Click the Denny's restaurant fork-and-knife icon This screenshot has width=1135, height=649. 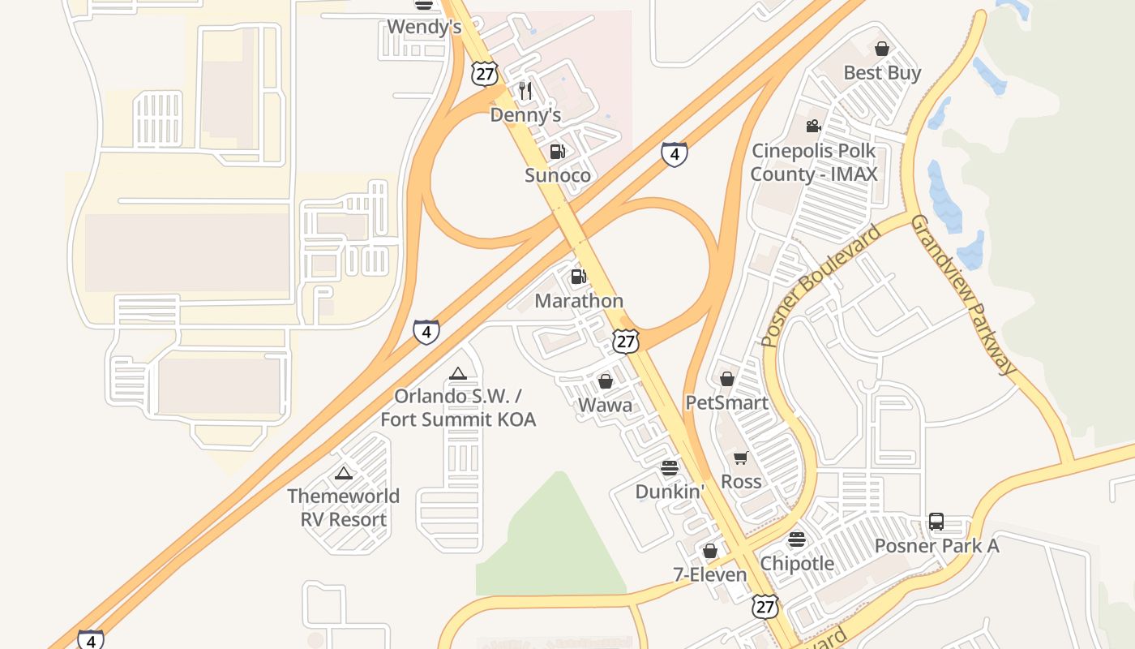[x=525, y=90]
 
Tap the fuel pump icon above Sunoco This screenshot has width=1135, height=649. [x=557, y=151]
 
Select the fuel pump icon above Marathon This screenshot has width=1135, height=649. [x=578, y=277]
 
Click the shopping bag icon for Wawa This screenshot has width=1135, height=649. [x=606, y=380]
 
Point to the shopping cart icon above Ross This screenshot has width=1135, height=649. [x=740, y=458]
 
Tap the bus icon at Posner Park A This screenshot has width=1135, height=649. [x=936, y=521]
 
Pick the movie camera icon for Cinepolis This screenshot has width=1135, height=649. [x=813, y=126]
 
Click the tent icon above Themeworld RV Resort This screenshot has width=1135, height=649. [x=344, y=472]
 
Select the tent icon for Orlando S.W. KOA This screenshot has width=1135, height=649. [x=458, y=373]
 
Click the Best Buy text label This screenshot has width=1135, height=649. [x=882, y=73]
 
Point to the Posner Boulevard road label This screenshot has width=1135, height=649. [x=821, y=286]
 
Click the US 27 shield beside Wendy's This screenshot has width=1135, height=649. [x=484, y=74]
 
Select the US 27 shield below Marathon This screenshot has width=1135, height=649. [x=625, y=341]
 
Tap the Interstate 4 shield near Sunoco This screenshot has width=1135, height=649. [x=675, y=153]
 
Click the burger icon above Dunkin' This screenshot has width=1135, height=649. [x=669, y=467]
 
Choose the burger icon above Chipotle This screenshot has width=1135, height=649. [x=797, y=539]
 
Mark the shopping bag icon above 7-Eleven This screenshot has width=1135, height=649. [x=710, y=551]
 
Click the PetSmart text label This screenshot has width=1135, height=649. [x=726, y=402]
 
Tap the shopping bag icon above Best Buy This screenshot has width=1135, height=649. [x=882, y=49]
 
